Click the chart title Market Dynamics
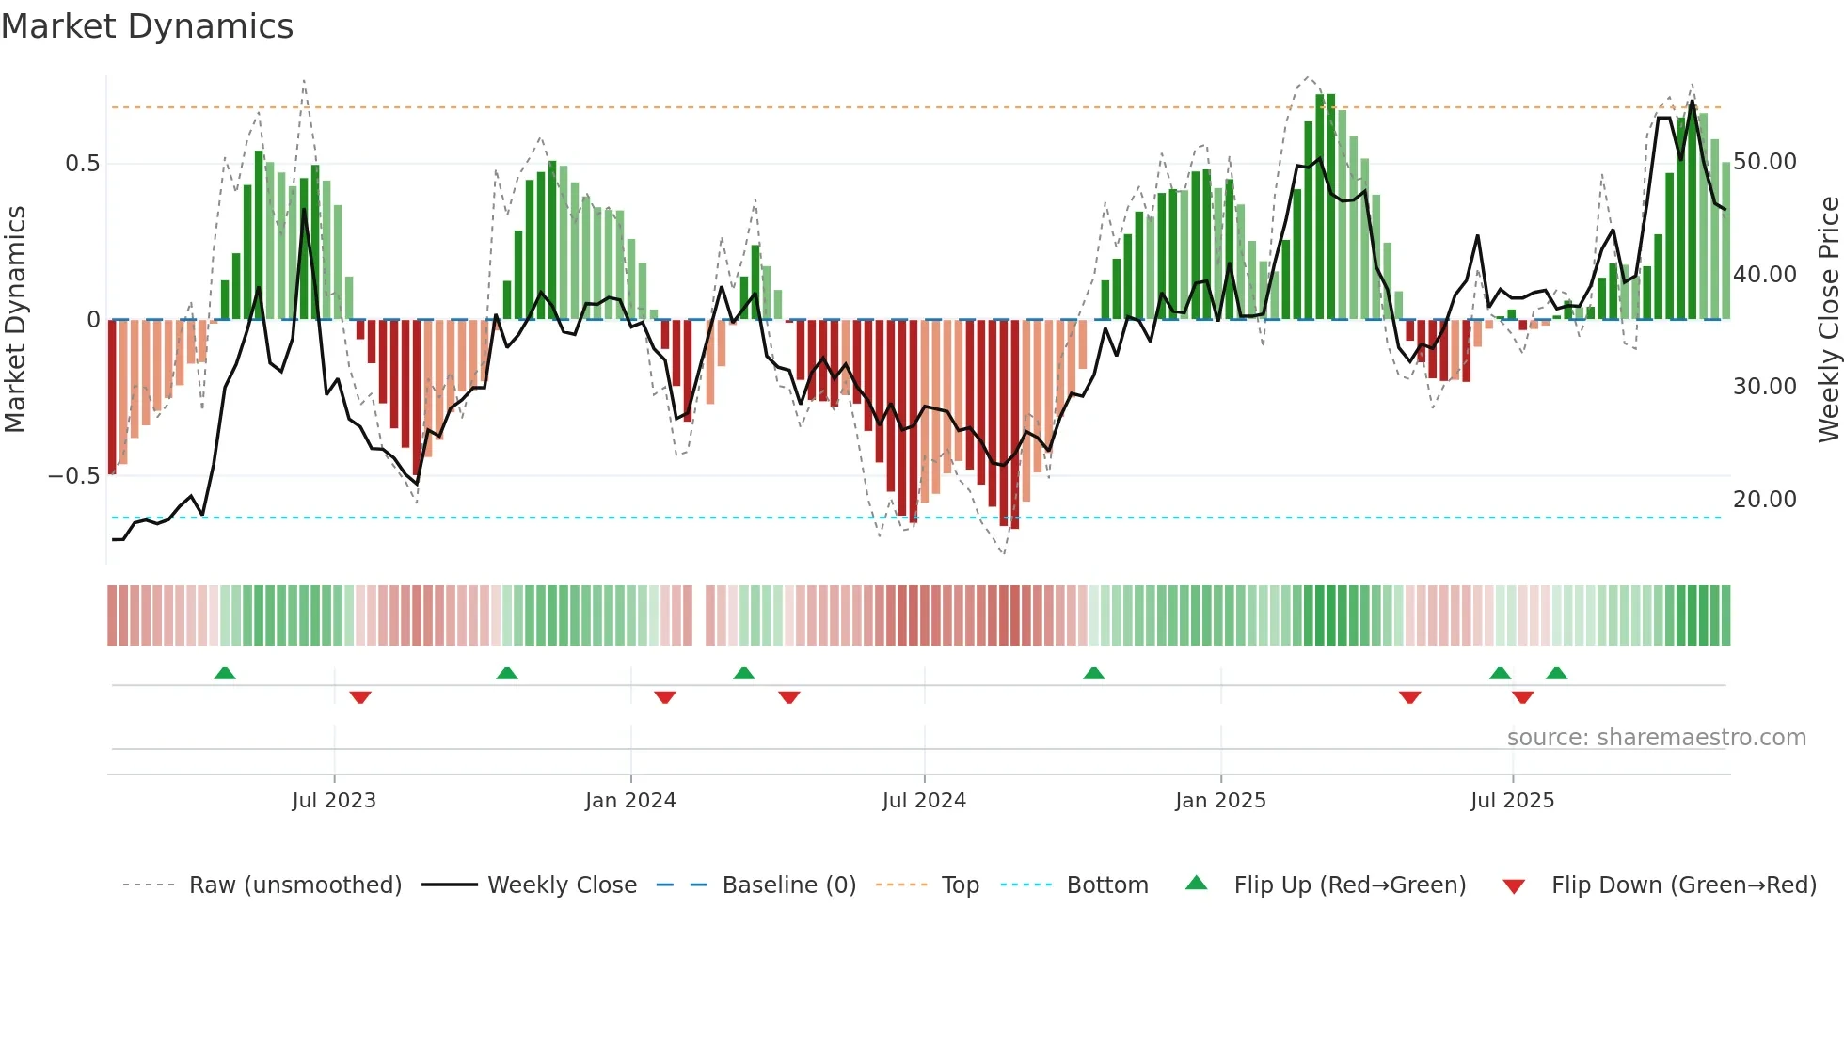click(x=147, y=26)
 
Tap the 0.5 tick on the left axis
click(x=82, y=164)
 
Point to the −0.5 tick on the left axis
click(x=74, y=476)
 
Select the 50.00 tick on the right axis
click(x=1765, y=162)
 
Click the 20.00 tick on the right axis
click(x=1765, y=500)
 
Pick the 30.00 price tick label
click(x=1765, y=387)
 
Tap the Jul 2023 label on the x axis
click(x=334, y=801)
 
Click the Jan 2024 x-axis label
click(x=630, y=801)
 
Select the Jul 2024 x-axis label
click(x=924, y=801)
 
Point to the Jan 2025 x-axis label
click(x=1220, y=801)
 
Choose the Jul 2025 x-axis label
click(x=1513, y=801)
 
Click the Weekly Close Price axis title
click(x=1828, y=320)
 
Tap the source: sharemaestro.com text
click(x=1656, y=738)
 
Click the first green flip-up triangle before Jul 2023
click(x=225, y=674)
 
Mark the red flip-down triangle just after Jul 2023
click(x=360, y=697)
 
